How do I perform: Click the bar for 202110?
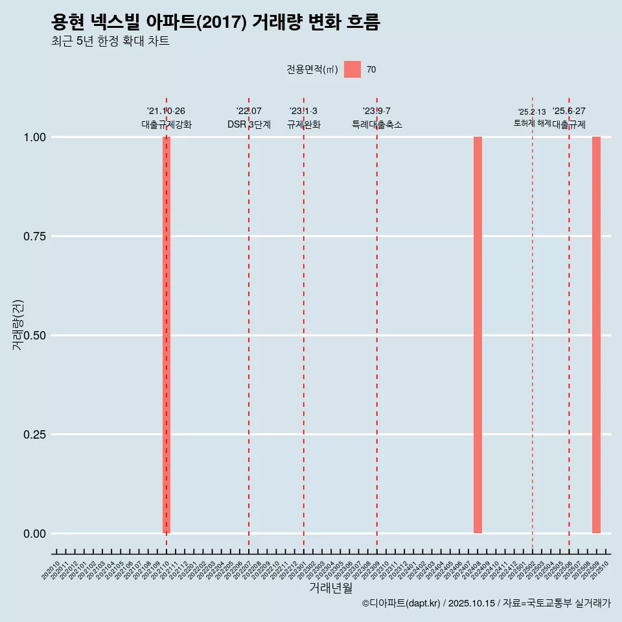pos(167,335)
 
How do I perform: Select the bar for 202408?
pos(478,335)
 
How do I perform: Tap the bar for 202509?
pos(596,335)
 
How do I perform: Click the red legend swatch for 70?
pos(352,69)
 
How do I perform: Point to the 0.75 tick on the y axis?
pos(35,236)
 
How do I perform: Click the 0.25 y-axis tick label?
pos(35,435)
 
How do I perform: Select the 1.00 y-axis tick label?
pos(35,137)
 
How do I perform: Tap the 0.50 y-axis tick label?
pos(35,336)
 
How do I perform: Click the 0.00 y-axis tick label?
pos(35,534)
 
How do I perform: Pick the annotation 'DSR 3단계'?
pos(249,124)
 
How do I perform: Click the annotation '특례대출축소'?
pos(377,124)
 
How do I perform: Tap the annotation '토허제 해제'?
pos(532,122)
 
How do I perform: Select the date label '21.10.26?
pos(167,111)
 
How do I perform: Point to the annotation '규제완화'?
pos(304,124)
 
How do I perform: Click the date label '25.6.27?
pos(569,111)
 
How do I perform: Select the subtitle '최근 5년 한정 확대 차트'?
pos(110,41)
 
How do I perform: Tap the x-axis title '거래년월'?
pos(330,588)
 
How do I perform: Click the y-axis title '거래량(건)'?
pos(18,324)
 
